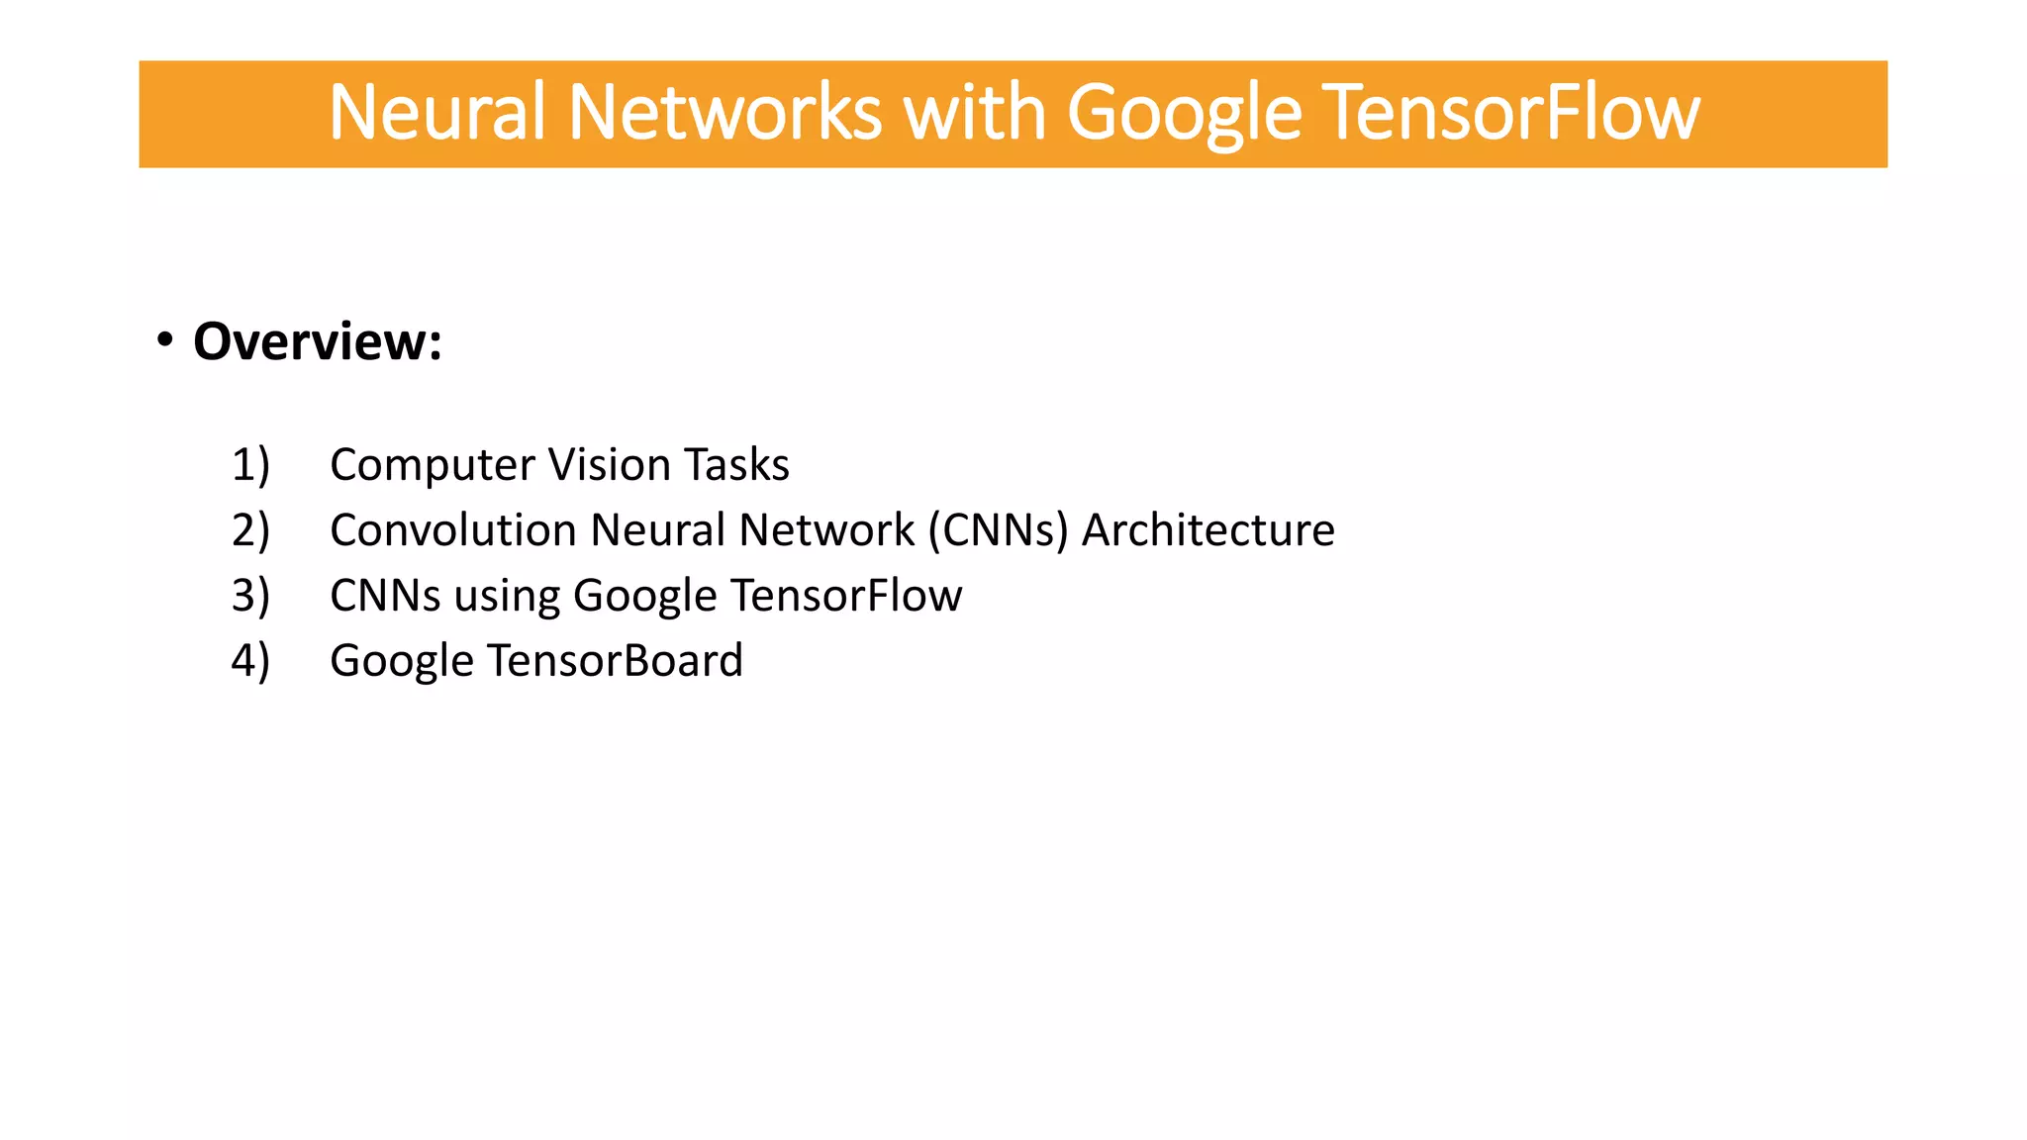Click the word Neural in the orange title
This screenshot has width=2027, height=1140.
pyautogui.click(x=436, y=112)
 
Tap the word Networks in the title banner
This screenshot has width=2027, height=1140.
pyautogui.click(x=724, y=112)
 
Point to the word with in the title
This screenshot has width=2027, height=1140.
pyautogui.click(x=974, y=112)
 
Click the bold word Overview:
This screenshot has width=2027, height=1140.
pyautogui.click(x=318, y=341)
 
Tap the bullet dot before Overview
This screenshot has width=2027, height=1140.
pyautogui.click(x=165, y=339)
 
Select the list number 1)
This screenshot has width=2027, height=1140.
pyautogui.click(x=250, y=464)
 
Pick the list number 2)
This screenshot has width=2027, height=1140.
pyautogui.click(x=250, y=529)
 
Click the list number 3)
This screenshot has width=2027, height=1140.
pyautogui.click(x=250, y=595)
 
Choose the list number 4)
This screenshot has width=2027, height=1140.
pyautogui.click(x=250, y=660)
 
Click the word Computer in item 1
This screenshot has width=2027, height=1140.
pyautogui.click(x=432, y=465)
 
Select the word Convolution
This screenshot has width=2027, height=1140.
pyautogui.click(x=453, y=529)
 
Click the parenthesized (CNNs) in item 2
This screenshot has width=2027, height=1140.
pyautogui.click(x=998, y=529)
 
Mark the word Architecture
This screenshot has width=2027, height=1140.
pyautogui.click(x=1207, y=529)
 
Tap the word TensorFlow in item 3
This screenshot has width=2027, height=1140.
pyautogui.click(x=846, y=595)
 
